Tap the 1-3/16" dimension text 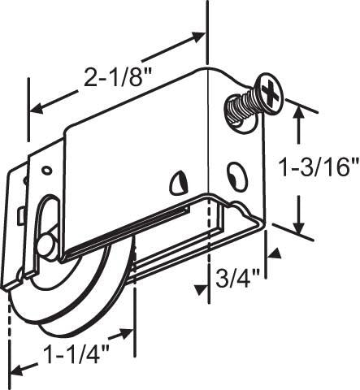(318, 168)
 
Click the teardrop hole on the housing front (178, 184)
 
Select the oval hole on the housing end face (237, 175)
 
